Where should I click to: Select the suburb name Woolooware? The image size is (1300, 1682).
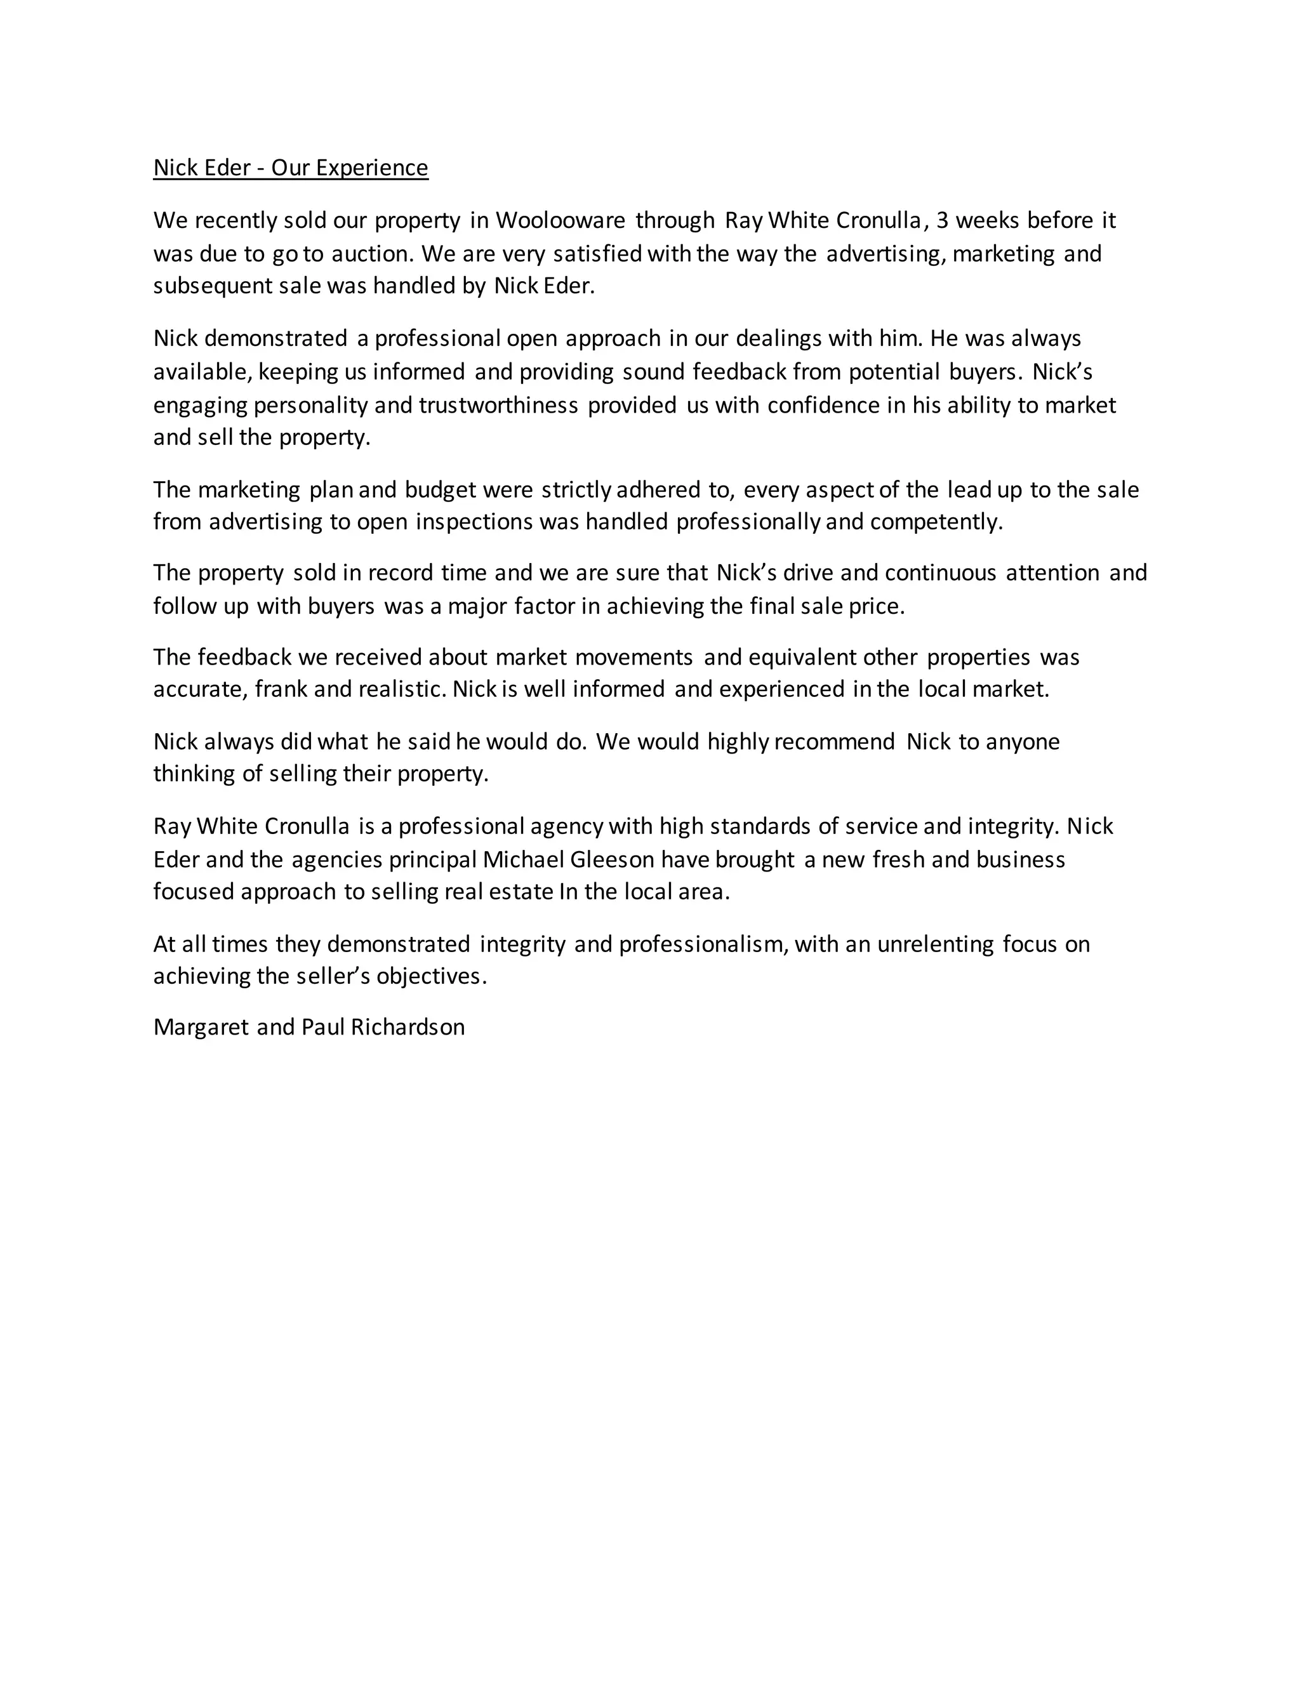click(560, 221)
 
